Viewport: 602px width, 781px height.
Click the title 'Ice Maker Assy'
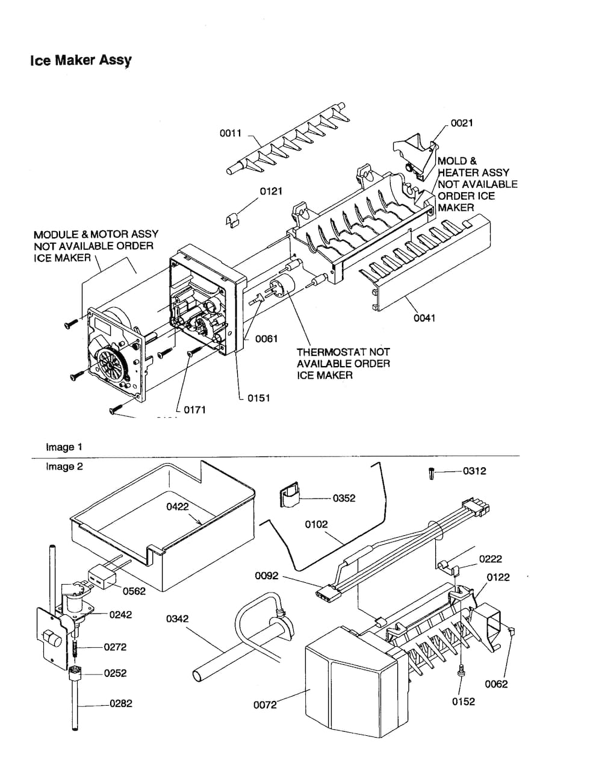[81, 60]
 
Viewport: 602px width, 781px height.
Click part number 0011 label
[230, 133]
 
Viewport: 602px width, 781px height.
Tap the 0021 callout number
[462, 123]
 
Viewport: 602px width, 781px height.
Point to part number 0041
[424, 318]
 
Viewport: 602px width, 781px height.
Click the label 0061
[266, 339]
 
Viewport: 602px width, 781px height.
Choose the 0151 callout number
[258, 398]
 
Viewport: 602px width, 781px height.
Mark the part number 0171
[194, 410]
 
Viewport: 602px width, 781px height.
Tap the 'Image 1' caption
[64, 447]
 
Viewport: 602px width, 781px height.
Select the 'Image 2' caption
[64, 467]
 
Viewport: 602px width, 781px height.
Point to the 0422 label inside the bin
[178, 506]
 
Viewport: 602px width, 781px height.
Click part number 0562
[134, 591]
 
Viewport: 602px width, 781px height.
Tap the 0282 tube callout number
[120, 703]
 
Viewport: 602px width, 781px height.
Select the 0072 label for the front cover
[265, 705]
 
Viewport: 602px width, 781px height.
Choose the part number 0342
[177, 618]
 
